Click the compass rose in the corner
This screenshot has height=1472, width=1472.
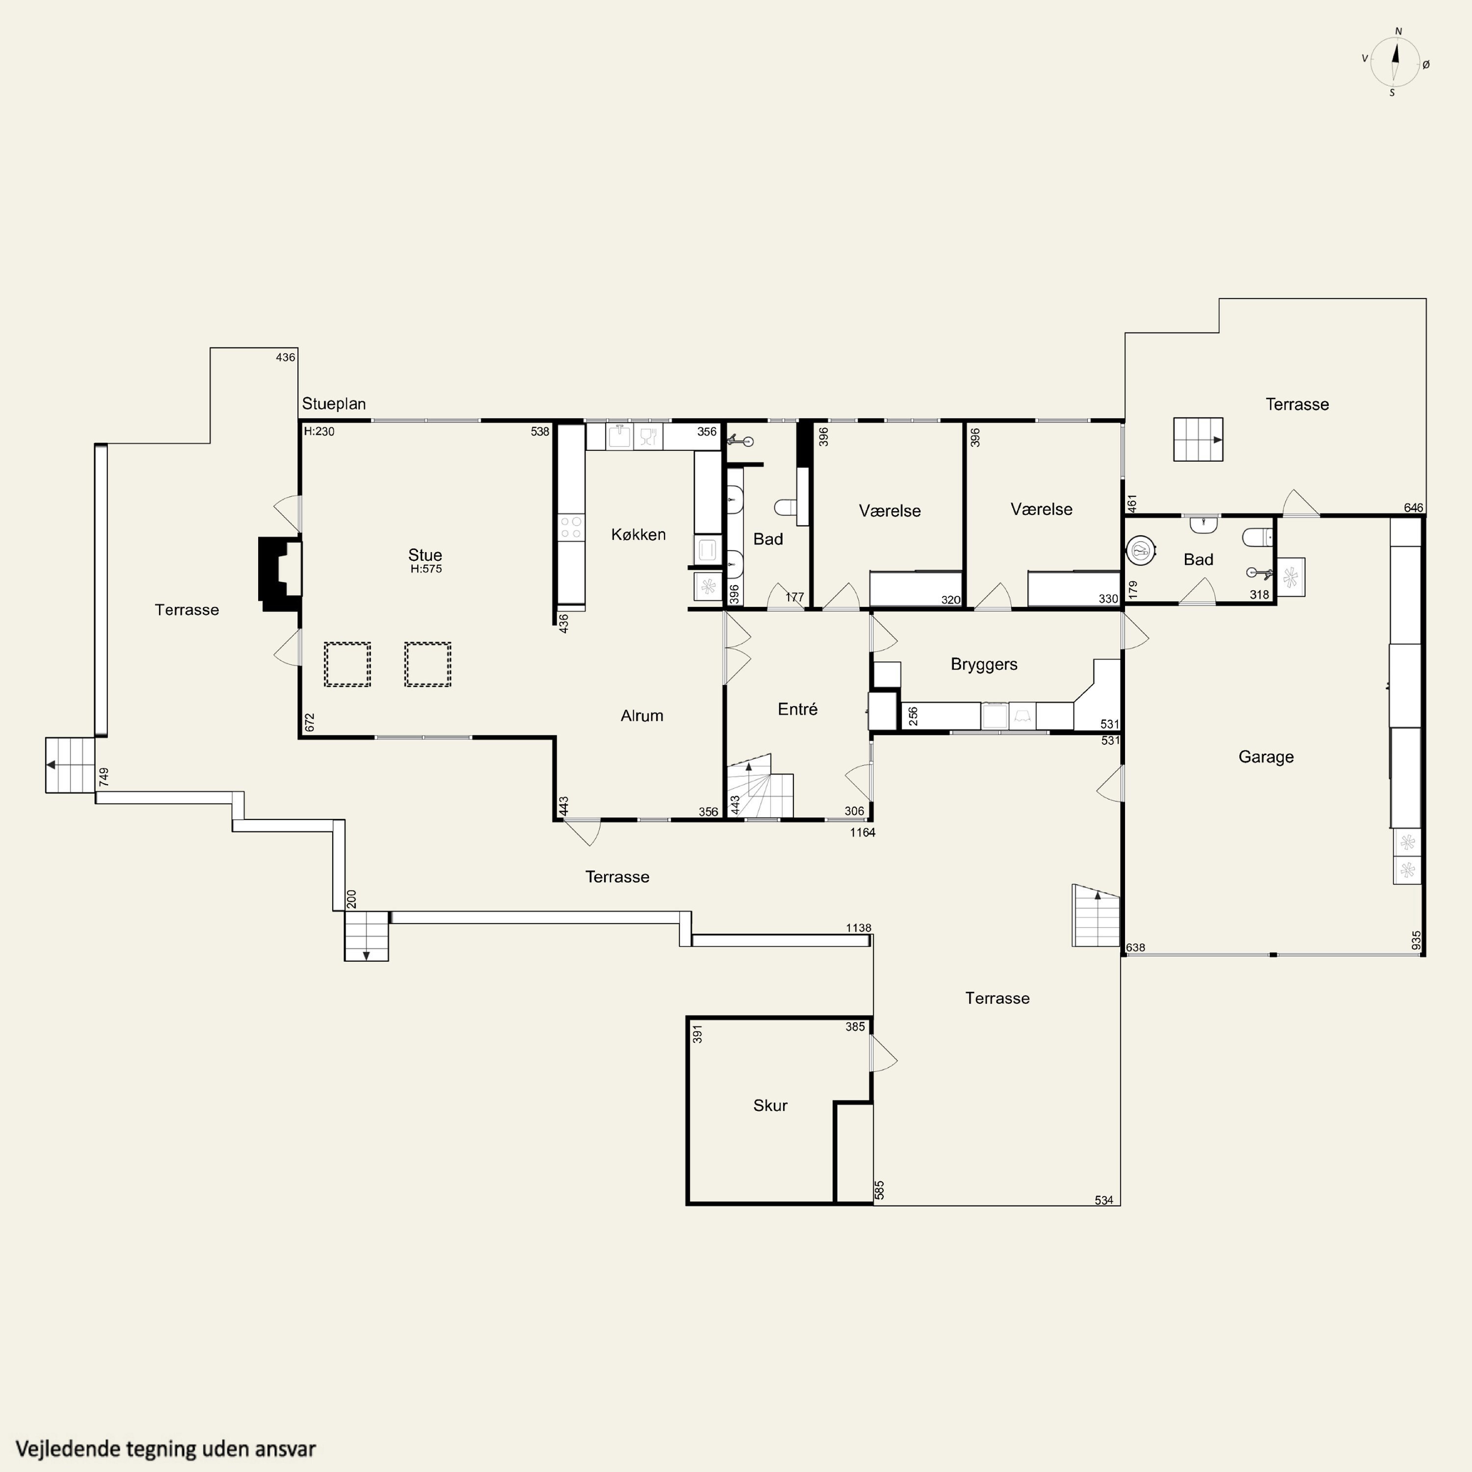coord(1396,62)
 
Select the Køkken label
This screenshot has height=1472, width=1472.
coord(638,534)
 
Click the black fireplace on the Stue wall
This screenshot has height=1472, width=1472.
coord(280,574)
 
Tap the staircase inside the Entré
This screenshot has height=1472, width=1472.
coord(760,786)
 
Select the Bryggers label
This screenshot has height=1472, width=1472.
coord(984,664)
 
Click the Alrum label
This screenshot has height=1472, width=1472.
coord(641,715)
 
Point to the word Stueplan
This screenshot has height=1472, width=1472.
coord(334,404)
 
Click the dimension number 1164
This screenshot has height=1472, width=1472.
coord(863,833)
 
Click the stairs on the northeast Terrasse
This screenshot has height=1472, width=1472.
coord(1198,440)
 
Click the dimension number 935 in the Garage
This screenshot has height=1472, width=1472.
coord(1416,940)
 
